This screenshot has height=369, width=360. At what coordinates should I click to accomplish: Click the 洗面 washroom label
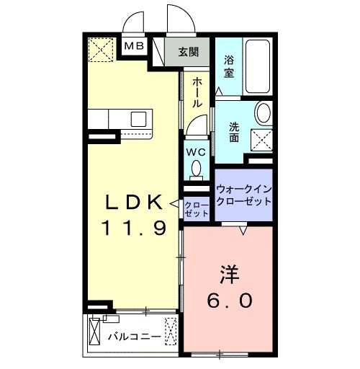point(235,132)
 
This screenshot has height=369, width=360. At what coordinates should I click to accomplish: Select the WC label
point(196,152)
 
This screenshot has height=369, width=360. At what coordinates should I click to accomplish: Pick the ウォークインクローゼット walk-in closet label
point(243,195)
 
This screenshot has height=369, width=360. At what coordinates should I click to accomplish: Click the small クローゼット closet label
point(196,209)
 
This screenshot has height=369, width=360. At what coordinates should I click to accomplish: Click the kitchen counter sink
point(138,117)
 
